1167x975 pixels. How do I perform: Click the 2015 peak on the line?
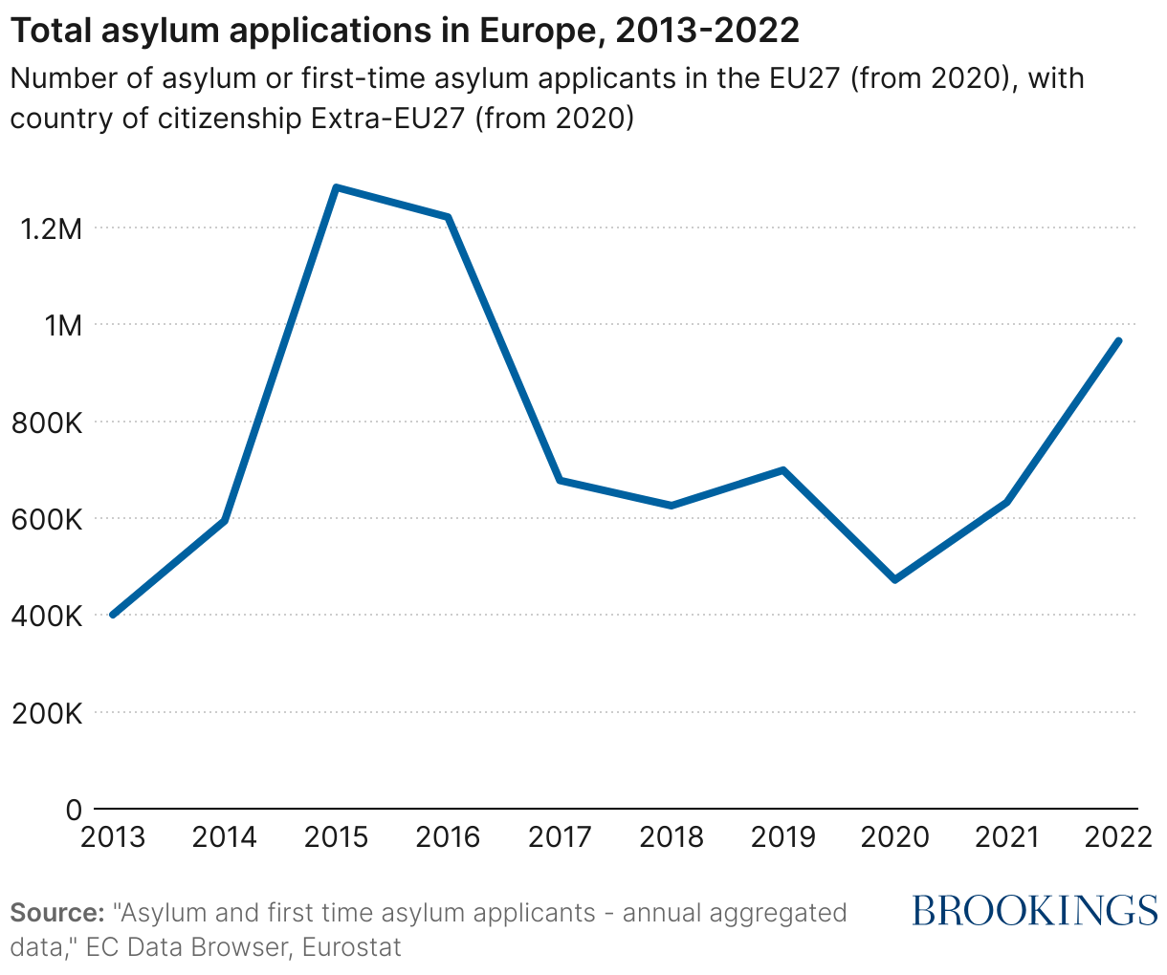[337, 187]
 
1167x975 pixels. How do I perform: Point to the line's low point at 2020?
[895, 579]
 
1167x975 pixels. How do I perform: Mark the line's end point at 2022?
[1118, 340]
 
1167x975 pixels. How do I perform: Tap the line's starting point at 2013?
[113, 615]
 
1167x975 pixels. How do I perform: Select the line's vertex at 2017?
[560, 480]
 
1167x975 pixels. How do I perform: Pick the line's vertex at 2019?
[783, 470]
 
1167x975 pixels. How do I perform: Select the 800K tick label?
[45, 422]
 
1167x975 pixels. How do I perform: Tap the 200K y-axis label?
[45, 713]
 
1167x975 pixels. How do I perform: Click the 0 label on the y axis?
[74, 810]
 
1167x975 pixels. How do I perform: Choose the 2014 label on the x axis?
[225, 838]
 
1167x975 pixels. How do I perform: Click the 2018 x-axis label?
[672, 838]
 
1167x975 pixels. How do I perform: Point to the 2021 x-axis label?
[1006, 838]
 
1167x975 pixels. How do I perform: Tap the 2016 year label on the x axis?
[449, 838]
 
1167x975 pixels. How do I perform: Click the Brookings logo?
[1035, 911]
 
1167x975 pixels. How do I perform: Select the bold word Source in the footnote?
[56, 913]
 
